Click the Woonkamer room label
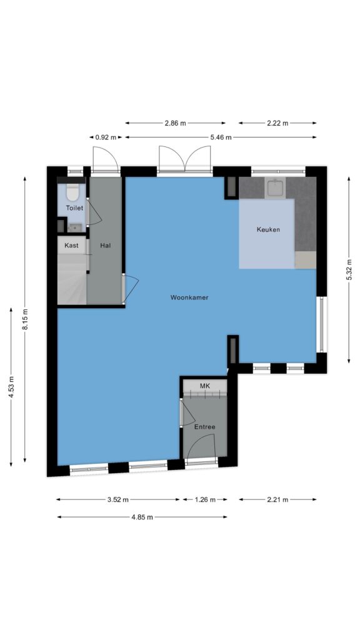[x=189, y=297]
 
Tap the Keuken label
[x=268, y=229]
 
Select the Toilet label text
[x=74, y=207]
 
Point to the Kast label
[x=71, y=246]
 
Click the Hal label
[x=105, y=246]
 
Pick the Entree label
[x=204, y=427]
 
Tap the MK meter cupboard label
[x=204, y=386]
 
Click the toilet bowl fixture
[x=72, y=192]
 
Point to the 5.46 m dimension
[x=221, y=137]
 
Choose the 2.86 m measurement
[x=175, y=123]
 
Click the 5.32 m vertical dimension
[x=349, y=270]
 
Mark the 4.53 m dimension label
[x=11, y=386]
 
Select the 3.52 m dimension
[x=118, y=499]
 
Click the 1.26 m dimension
[x=204, y=499]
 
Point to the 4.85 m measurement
[x=142, y=517]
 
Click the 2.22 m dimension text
[x=277, y=123]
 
